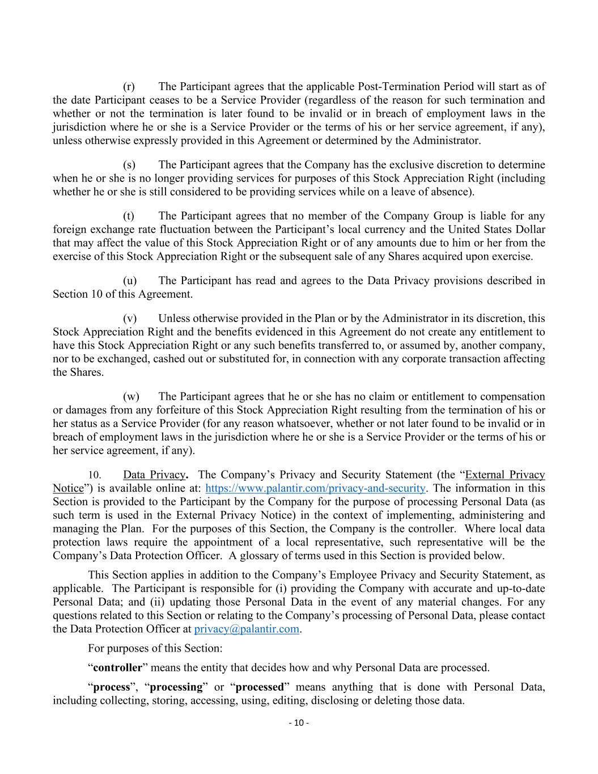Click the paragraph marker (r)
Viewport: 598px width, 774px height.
(129, 87)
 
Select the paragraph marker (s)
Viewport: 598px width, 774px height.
(129, 165)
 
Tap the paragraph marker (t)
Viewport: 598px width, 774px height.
(129, 216)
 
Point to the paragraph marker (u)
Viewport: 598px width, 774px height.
(129, 281)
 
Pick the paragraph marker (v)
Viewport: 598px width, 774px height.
(129, 319)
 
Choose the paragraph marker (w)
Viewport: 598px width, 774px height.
(130, 396)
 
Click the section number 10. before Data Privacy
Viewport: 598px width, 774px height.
(95, 475)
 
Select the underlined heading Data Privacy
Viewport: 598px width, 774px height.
(154, 475)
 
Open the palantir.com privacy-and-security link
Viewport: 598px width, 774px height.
(315, 488)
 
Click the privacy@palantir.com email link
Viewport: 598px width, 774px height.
(247, 629)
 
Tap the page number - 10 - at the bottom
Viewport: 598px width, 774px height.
(299, 722)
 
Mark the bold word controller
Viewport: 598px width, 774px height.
(117, 667)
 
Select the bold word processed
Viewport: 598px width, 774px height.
(259, 687)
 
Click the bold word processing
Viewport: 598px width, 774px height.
(176, 687)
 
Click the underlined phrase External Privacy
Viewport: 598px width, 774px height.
(505, 475)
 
